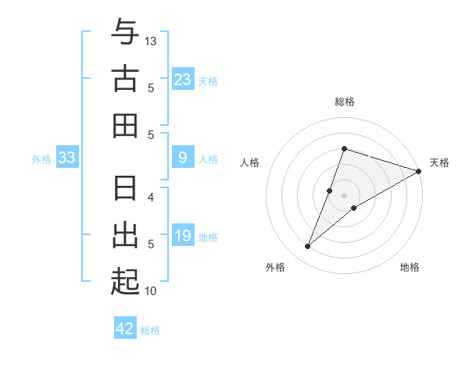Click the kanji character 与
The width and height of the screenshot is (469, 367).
point(125,34)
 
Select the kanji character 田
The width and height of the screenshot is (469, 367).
point(125,126)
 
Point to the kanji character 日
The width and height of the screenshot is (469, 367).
point(125,189)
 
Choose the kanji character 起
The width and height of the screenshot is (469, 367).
point(125,281)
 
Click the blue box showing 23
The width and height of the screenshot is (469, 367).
point(182,80)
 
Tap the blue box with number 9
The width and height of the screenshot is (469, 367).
point(182,159)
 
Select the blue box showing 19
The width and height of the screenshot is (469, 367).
point(182,236)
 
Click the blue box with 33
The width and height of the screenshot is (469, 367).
point(66,159)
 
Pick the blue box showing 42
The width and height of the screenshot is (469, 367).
point(125,329)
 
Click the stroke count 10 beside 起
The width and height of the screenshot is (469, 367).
point(151,291)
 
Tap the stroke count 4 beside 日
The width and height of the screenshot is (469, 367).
point(151,197)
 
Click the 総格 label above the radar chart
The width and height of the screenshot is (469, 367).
point(345,102)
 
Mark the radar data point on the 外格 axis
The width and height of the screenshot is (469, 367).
point(308,247)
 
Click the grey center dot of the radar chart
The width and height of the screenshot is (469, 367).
point(345,195)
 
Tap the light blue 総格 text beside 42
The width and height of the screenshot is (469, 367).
point(151,330)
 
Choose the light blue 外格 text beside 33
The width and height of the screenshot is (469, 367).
point(41,159)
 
